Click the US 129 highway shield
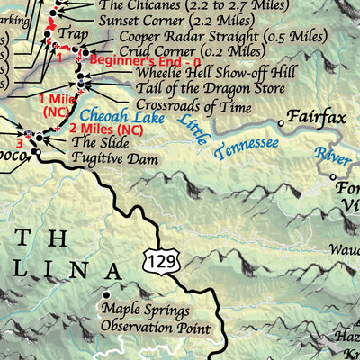[152, 260]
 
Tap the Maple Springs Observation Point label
[157, 319]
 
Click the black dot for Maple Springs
[107, 295]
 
